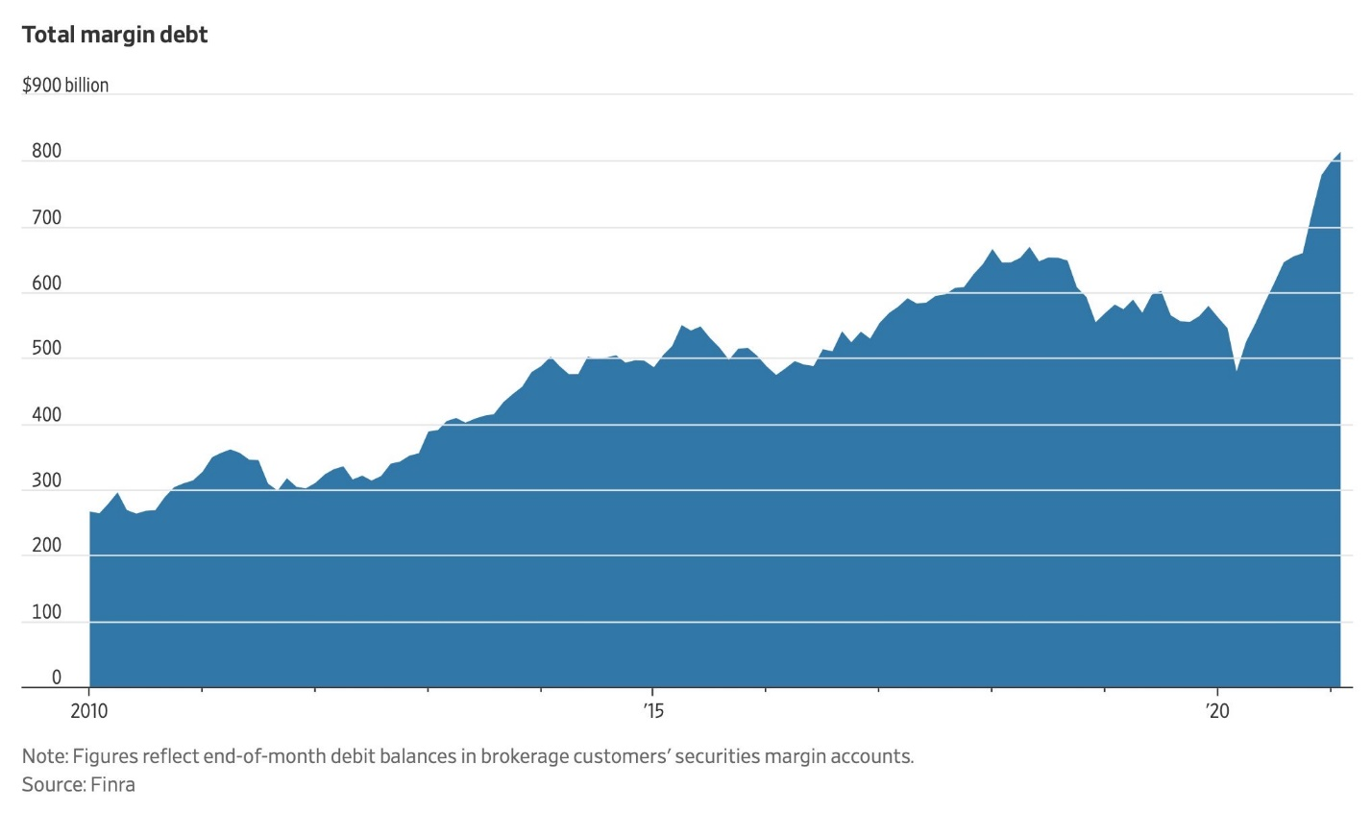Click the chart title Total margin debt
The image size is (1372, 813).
(115, 35)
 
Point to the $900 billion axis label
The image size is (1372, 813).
(65, 86)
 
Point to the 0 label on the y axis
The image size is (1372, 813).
(57, 677)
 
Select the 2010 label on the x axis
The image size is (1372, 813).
(88, 712)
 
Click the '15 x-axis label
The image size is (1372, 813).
(653, 712)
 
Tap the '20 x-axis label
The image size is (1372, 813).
(1217, 712)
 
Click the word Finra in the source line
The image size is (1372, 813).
(113, 784)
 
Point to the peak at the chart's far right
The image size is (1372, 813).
(1339, 153)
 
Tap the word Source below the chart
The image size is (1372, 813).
(53, 784)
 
